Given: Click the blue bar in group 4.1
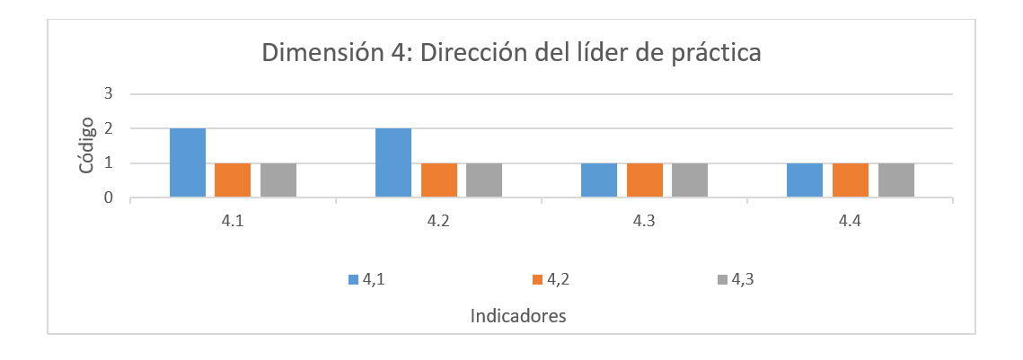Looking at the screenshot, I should click(x=188, y=163).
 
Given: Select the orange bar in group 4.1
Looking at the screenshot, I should click(x=233, y=180).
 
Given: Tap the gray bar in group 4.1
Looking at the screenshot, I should click(x=278, y=180).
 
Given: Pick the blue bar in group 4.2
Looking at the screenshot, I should click(x=393, y=163).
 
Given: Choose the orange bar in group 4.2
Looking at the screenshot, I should click(x=438, y=180).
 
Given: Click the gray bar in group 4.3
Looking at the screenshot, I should click(x=690, y=180).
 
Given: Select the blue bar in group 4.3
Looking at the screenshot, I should click(x=599, y=180).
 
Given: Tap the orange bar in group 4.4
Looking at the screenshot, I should click(x=851, y=180).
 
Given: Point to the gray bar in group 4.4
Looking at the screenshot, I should click(x=895, y=180).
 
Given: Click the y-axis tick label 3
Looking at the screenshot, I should click(x=109, y=93).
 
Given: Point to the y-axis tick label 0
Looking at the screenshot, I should click(x=109, y=198).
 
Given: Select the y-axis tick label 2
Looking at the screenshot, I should click(x=109, y=128).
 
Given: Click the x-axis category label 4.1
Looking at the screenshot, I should click(x=234, y=222).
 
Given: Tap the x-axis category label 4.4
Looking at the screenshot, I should click(x=851, y=222).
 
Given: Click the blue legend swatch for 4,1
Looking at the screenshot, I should click(x=353, y=280).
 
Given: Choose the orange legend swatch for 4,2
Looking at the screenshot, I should click(x=538, y=280).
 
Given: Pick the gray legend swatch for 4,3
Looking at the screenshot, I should click(x=722, y=280).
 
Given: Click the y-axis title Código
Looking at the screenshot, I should click(x=85, y=145).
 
